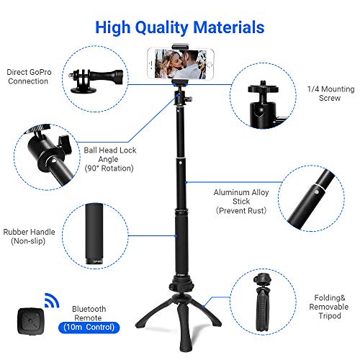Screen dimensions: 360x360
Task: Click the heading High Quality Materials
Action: (x=179, y=28)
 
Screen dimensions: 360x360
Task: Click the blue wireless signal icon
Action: (x=46, y=299)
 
